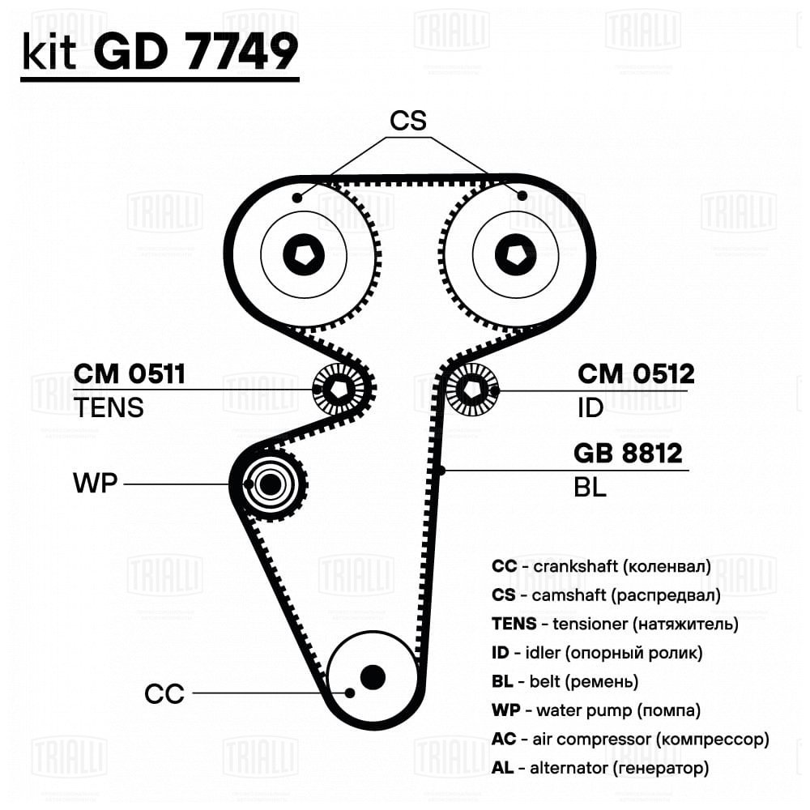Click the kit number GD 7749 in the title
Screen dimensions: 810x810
pyautogui.click(x=196, y=51)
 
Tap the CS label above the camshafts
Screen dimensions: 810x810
pyautogui.click(x=408, y=121)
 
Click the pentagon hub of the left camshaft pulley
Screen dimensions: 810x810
pyautogui.click(x=304, y=254)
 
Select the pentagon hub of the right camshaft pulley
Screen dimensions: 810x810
pyautogui.click(x=515, y=254)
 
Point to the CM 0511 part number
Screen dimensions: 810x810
pyautogui.click(x=129, y=373)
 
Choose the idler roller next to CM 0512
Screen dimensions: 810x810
pyautogui.click(x=472, y=389)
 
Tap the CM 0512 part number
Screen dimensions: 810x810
pyautogui.click(x=636, y=373)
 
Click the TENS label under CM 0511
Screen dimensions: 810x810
pyautogui.click(x=109, y=407)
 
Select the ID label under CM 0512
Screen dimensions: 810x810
pyautogui.click(x=590, y=407)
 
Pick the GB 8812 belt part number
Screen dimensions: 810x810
pyautogui.click(x=628, y=453)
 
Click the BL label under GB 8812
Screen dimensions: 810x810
pyautogui.click(x=590, y=487)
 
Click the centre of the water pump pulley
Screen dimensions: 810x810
pyautogui.click(x=270, y=484)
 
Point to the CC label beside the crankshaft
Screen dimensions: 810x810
pyautogui.click(x=164, y=694)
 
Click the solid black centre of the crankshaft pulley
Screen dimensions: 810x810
pyautogui.click(x=373, y=676)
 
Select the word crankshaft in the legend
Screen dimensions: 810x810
pyautogui.click(x=575, y=566)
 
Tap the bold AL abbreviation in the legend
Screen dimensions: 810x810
pyautogui.click(x=502, y=768)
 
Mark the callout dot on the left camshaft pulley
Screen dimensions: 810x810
pyautogui.click(x=296, y=198)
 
